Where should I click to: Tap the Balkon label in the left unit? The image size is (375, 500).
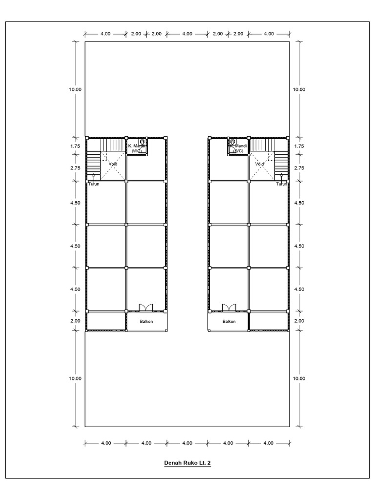[146, 321]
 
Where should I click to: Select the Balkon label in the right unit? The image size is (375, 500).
[229, 321]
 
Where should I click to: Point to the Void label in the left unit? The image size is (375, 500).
[113, 164]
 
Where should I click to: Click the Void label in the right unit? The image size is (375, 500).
[260, 164]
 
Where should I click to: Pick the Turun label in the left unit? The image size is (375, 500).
[94, 184]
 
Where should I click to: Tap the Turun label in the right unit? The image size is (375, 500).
[281, 184]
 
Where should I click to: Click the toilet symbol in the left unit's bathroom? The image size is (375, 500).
[141, 142]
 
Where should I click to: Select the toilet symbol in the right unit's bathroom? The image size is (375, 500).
[232, 142]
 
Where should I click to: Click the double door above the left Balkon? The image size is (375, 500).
[146, 307]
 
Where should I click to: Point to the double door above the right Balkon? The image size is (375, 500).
[229, 307]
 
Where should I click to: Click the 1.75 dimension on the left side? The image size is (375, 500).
[75, 146]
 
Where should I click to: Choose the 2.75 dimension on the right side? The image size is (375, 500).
[298, 167]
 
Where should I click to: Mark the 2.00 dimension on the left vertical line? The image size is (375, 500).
[75, 321]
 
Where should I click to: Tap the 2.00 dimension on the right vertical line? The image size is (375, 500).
[298, 321]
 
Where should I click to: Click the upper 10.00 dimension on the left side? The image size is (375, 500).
[75, 89]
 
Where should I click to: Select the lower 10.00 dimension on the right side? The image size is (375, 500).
[298, 378]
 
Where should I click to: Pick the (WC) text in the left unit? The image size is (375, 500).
[136, 151]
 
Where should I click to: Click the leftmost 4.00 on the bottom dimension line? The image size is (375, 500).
[106, 443]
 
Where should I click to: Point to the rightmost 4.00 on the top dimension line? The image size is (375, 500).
[269, 34]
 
